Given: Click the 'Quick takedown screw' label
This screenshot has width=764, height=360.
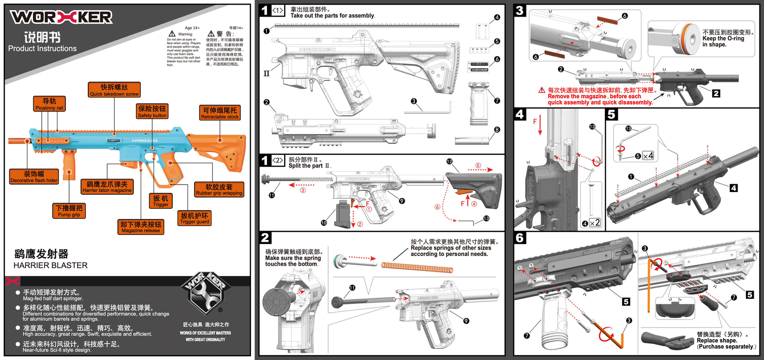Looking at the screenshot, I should pos(114,90).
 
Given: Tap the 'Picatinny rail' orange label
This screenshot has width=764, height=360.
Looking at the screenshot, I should pos(49,104).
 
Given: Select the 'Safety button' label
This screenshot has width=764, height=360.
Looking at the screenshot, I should pos(152,111).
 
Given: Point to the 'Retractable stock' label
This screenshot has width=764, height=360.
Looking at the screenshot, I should pos(220,113).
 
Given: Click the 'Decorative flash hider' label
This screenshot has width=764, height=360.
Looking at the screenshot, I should pos(34,177).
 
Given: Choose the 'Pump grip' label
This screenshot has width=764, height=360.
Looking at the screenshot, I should pos(69,211).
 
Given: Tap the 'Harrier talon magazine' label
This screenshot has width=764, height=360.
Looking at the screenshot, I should pos(107,187).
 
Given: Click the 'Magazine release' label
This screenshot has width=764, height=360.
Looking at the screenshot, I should pos(141,227).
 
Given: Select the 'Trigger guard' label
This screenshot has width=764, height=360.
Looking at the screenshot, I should pos(194,219).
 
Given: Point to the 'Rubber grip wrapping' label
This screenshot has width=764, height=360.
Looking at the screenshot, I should pos(219,189).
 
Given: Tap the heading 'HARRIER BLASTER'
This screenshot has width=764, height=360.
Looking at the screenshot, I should pos(51,265).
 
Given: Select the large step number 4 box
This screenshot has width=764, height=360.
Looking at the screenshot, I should pos(520,114).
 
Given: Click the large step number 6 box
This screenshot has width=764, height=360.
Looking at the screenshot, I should pos(520,238).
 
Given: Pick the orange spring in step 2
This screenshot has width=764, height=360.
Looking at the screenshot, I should pos(417,268).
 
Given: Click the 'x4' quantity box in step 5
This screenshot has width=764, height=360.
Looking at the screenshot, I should pos(648,156).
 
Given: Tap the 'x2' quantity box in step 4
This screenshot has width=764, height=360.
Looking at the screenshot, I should pos(594,223).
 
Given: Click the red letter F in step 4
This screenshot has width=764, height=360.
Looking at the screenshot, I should pos(535,122).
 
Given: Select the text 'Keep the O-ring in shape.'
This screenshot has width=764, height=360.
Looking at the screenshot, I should pos(723,41).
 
